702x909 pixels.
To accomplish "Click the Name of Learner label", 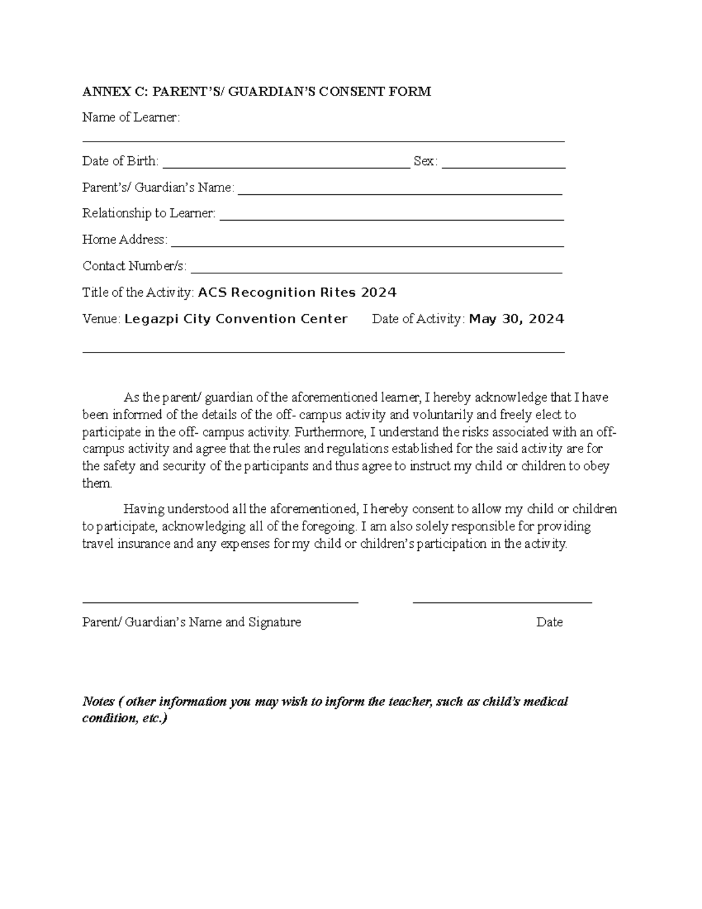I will click(131, 118).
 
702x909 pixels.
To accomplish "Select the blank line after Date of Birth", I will click(286, 167).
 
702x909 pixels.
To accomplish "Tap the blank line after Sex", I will click(504, 167).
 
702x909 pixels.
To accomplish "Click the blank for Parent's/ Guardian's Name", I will click(400, 193).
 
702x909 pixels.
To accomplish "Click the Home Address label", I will click(124, 239).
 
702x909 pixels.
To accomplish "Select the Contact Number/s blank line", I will click(377, 272).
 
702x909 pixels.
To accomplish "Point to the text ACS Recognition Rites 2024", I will click(297, 293).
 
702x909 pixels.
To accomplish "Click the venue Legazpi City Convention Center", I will click(236, 319).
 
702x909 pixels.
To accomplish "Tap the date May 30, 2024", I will click(517, 319).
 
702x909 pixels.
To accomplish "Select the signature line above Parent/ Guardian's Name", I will click(220, 601).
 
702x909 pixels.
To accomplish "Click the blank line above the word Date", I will click(502, 601).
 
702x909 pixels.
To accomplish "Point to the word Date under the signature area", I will click(549, 622).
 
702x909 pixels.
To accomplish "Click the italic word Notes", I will click(98, 701).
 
